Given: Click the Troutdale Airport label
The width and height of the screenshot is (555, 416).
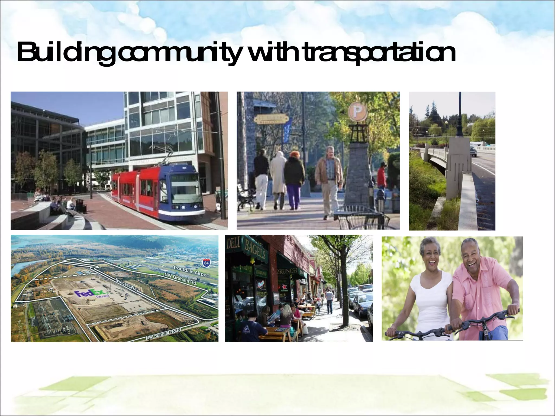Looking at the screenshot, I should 191,271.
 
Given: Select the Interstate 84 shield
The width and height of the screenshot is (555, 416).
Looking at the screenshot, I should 206,263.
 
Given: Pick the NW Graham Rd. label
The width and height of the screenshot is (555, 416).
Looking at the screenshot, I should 180,278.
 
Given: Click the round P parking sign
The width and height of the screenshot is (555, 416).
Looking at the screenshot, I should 357,111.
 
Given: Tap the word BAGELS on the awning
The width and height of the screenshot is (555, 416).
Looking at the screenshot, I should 255,249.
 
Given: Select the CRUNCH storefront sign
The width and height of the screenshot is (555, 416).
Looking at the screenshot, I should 287,271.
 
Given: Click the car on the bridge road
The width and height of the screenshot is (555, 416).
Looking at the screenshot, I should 473,151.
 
